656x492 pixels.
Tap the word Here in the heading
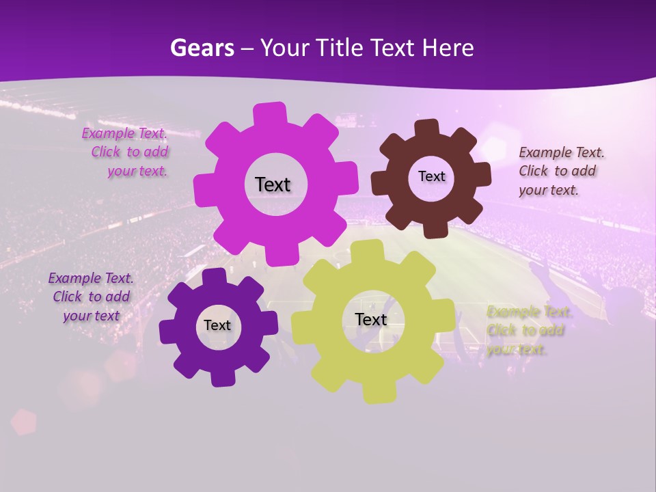coord(448,48)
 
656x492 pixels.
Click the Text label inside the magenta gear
coord(273,184)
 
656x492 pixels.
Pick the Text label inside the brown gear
coord(431,176)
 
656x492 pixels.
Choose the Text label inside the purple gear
coord(217,326)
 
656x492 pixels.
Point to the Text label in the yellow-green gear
coord(371,320)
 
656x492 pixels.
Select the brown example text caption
coord(561,172)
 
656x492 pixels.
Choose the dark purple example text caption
coord(91,297)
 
